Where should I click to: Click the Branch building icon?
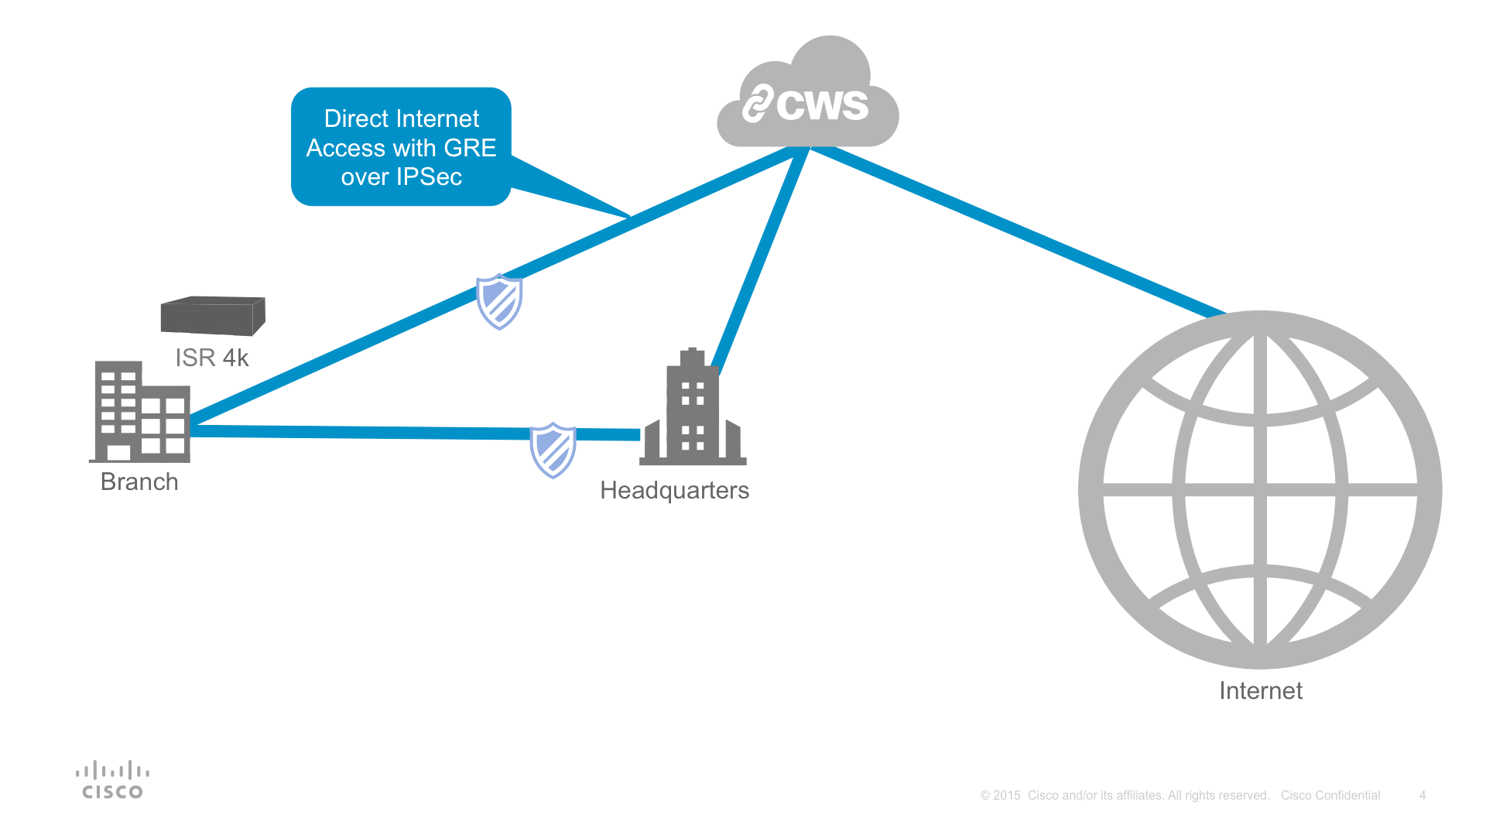[140, 412]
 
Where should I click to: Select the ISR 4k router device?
[213, 316]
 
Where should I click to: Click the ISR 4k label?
[212, 358]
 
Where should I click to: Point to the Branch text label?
[139, 481]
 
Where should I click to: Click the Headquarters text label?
[674, 491]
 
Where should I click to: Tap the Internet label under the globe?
[1261, 690]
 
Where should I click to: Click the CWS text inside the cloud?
[822, 104]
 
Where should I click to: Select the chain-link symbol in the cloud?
[758, 103]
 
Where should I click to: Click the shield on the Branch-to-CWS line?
[499, 301]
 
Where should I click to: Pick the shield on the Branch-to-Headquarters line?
[553, 450]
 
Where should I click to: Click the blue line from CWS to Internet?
[1018, 231]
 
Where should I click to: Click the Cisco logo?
[113, 779]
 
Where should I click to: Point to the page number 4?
[1423, 795]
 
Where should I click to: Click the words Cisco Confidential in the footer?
[1330, 795]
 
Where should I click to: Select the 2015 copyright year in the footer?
[1006, 795]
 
